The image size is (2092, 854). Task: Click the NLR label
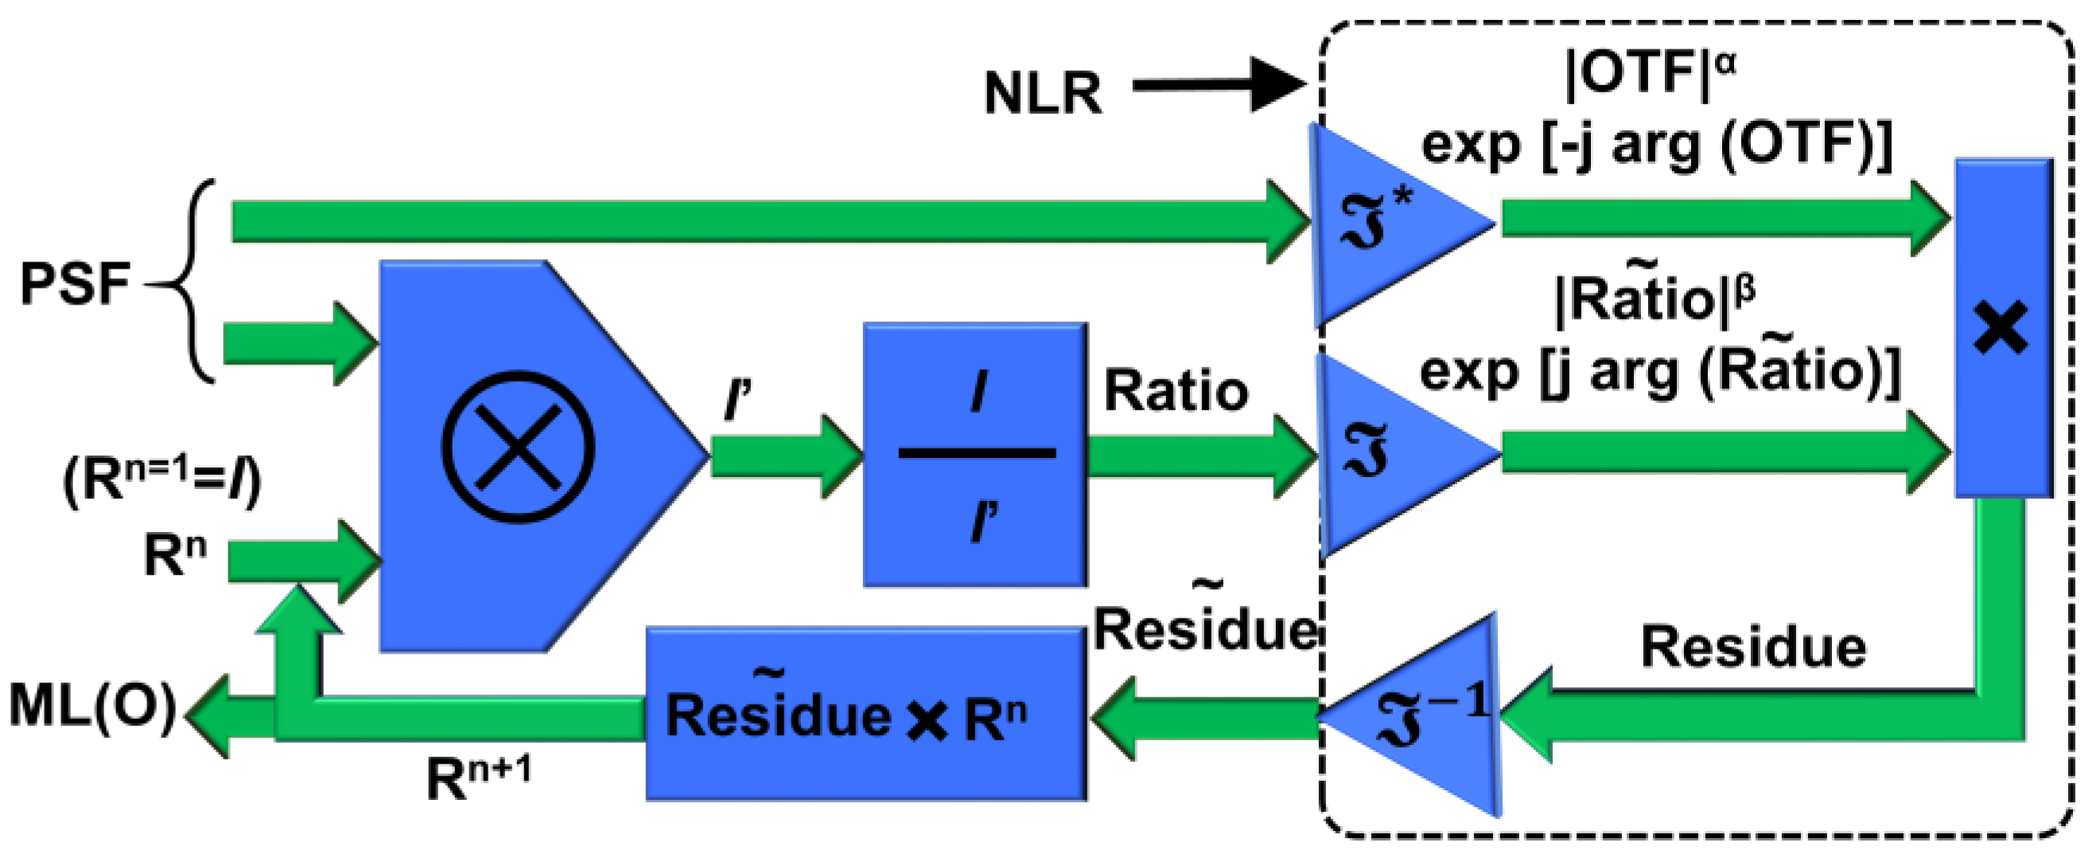click(1043, 92)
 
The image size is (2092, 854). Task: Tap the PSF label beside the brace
click(76, 284)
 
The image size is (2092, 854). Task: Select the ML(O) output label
click(92, 706)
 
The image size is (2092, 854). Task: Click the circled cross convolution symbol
click(518, 447)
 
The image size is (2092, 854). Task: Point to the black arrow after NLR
click(1219, 84)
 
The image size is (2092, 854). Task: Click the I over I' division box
click(975, 455)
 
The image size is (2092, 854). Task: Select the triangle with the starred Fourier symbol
click(1401, 224)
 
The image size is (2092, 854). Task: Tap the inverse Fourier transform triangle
click(1409, 714)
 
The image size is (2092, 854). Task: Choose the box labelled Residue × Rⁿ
click(866, 712)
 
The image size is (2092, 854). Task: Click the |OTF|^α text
click(1651, 75)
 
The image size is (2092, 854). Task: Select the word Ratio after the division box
click(1176, 390)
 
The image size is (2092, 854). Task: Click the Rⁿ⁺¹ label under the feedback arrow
click(478, 776)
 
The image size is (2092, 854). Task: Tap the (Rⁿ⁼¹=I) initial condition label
click(162, 480)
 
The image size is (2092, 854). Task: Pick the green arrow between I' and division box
click(786, 456)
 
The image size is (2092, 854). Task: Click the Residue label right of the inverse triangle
click(1753, 647)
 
